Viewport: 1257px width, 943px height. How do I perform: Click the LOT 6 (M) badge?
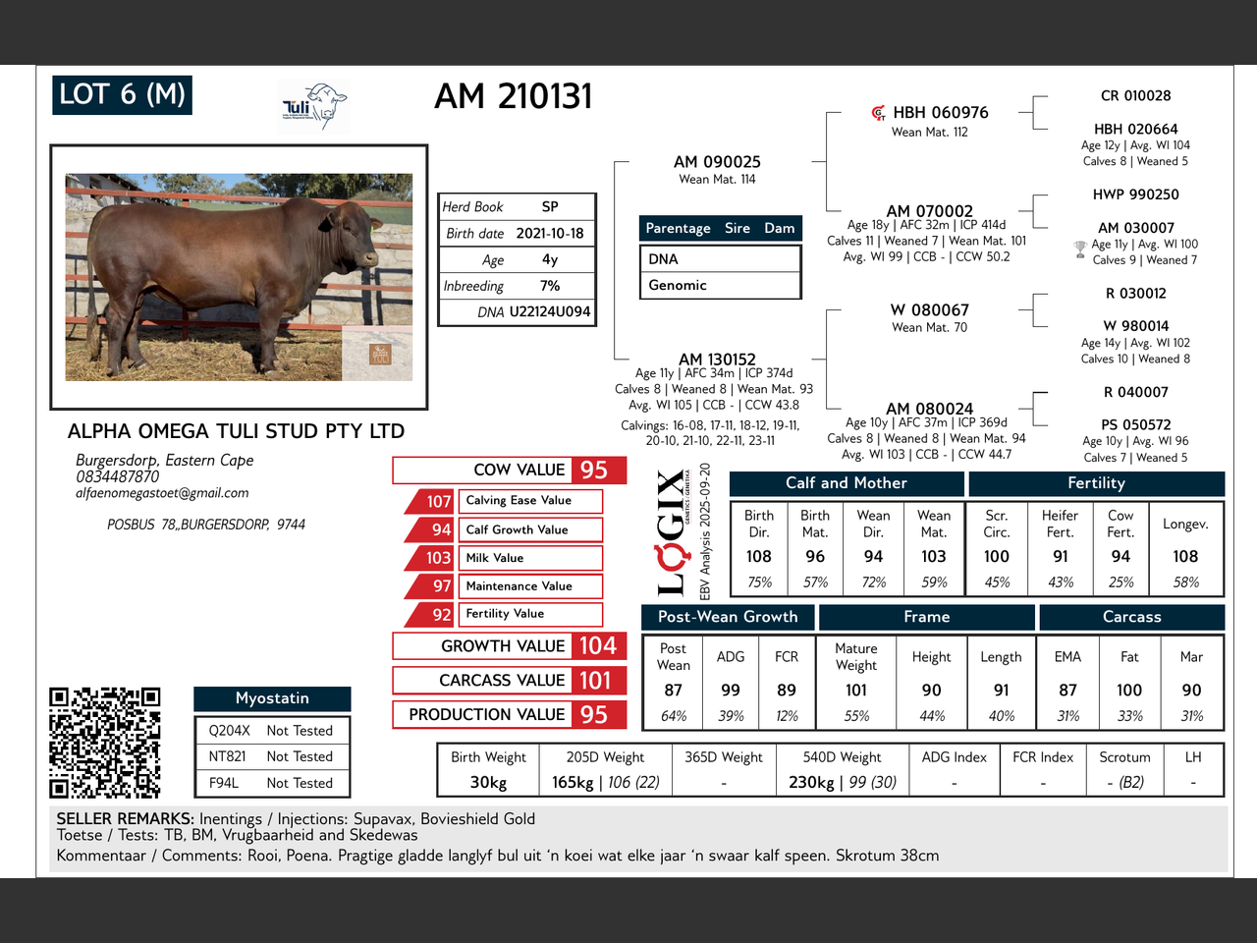[122, 95]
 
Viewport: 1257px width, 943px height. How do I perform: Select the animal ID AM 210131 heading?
[513, 96]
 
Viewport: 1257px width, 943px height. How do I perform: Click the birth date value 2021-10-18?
[550, 234]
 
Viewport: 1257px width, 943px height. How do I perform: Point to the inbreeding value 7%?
[550, 286]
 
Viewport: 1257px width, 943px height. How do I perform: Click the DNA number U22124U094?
[550, 312]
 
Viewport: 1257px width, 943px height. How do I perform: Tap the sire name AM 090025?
[717, 162]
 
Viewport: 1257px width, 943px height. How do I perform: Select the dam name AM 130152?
[717, 359]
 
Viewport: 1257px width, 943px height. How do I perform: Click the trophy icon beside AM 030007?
[1080, 250]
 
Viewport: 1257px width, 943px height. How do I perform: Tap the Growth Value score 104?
[598, 645]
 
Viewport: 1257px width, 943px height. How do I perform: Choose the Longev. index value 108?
[1185, 557]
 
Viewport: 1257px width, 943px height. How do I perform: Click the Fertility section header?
[1096, 483]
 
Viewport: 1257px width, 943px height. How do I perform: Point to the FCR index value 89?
[787, 691]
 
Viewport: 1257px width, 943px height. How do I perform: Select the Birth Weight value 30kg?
[488, 782]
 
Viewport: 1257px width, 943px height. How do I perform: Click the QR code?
[105, 743]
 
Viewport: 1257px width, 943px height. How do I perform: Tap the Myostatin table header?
[272, 698]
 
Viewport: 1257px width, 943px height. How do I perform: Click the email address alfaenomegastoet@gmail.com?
[162, 493]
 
